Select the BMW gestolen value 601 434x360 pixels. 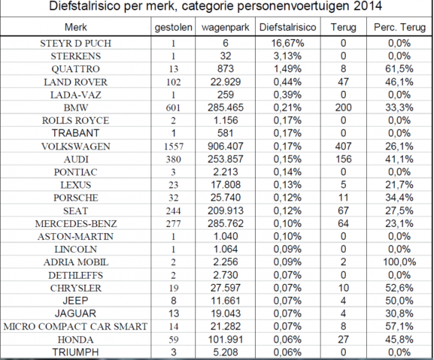173,107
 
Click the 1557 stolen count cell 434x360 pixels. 173,146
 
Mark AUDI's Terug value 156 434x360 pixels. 343,159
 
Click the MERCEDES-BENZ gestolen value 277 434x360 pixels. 173,223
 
